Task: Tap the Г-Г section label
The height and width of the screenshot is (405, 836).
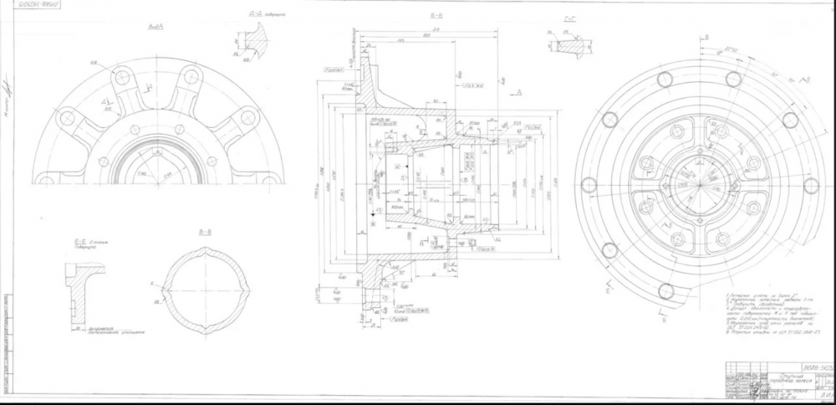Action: (x=570, y=18)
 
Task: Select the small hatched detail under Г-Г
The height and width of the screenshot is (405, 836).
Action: (x=571, y=45)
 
